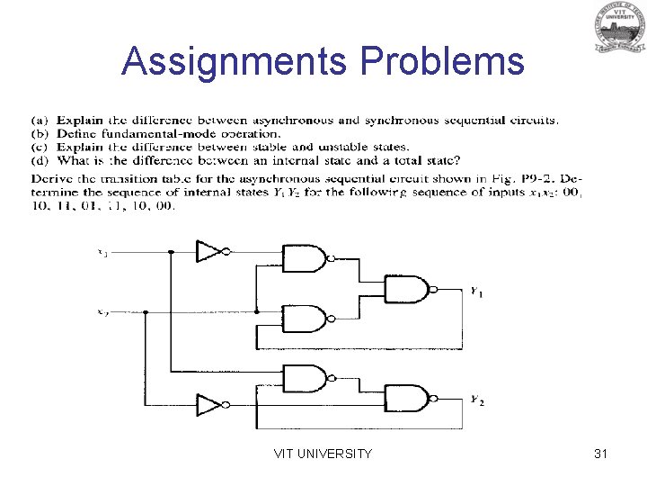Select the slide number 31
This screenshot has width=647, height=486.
coord(601,454)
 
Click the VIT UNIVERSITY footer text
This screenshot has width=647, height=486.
coord(323,454)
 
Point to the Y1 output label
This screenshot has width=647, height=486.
coord(476,292)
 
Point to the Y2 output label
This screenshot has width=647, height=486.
coord(476,400)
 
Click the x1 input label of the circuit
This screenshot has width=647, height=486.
coord(103,253)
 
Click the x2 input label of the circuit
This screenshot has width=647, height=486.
coord(103,312)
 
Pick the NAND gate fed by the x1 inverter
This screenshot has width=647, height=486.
coord(304,258)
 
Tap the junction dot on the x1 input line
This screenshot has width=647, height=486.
coord(170,253)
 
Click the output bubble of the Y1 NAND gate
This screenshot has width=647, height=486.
coord(434,289)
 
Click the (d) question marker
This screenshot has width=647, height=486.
coord(40,160)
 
